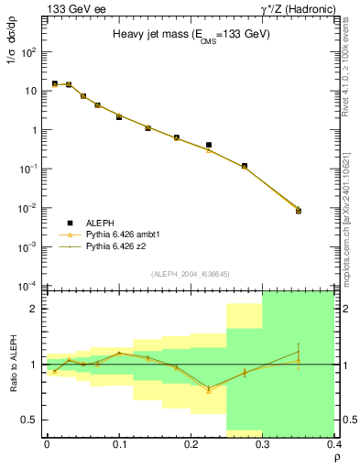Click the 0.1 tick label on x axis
pyautogui.click(x=119, y=444)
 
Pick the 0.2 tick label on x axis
pyautogui.click(x=191, y=444)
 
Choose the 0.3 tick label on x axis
pyautogui.click(x=263, y=444)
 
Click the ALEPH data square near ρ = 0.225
pyautogui.click(x=209, y=145)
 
